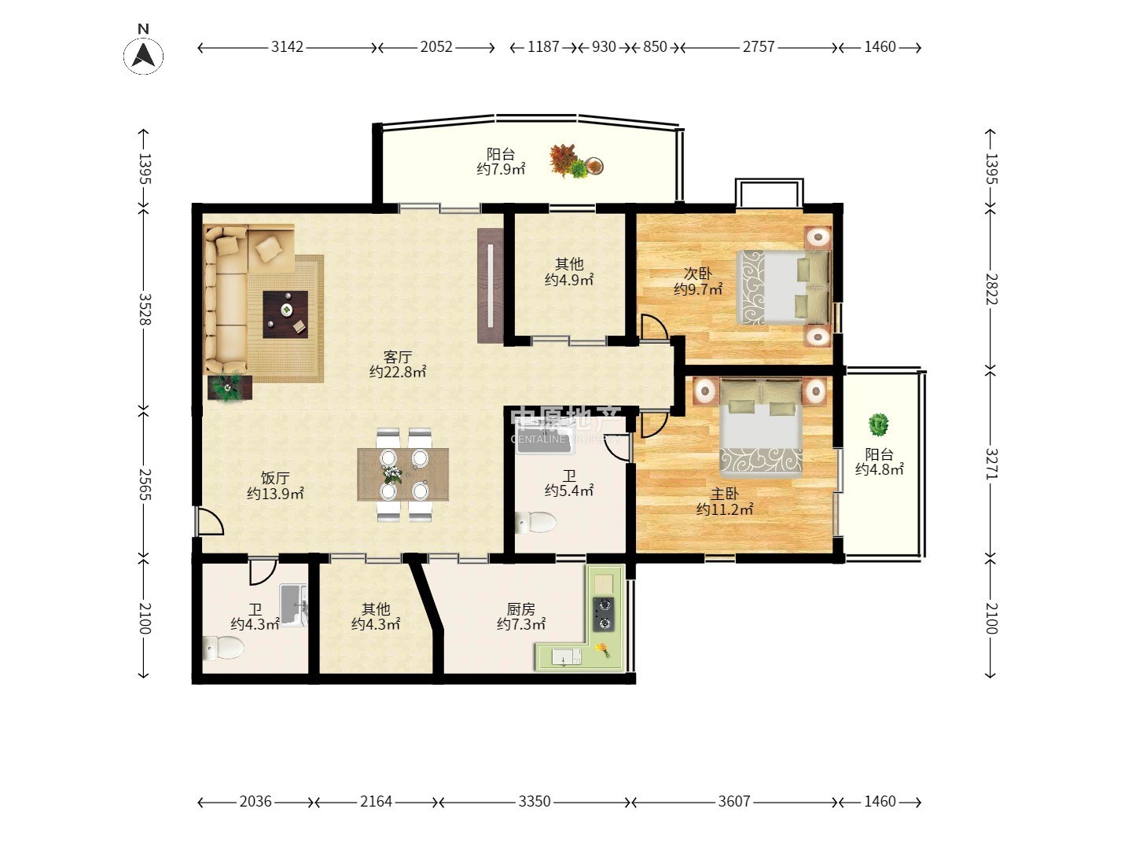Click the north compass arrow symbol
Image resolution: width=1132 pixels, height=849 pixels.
point(143,55)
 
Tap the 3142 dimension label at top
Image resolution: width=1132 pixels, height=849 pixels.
point(287,47)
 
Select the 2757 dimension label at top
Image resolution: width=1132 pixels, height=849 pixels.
point(759,47)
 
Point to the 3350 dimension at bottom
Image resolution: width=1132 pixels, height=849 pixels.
point(535,801)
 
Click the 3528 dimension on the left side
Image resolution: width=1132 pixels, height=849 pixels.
point(145,309)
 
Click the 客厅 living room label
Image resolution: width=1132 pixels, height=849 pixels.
point(398,357)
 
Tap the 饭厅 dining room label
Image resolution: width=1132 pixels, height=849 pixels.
point(275,478)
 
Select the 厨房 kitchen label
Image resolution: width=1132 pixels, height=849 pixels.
point(520,609)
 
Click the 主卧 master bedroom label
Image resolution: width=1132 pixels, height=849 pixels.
point(725,494)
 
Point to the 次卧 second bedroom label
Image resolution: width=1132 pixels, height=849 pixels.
point(698,274)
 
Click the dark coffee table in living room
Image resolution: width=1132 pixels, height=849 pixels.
point(285,314)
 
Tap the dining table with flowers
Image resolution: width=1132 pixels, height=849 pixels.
point(402,474)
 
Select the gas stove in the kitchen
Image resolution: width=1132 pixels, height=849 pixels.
point(603,614)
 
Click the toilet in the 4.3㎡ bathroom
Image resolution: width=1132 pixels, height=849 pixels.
point(222,648)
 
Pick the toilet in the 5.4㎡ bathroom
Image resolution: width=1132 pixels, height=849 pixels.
point(536,523)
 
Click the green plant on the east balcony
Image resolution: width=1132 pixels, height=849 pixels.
point(878,424)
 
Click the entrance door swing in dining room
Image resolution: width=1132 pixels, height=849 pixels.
point(209,521)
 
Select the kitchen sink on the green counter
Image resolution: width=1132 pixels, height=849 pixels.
point(566,657)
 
